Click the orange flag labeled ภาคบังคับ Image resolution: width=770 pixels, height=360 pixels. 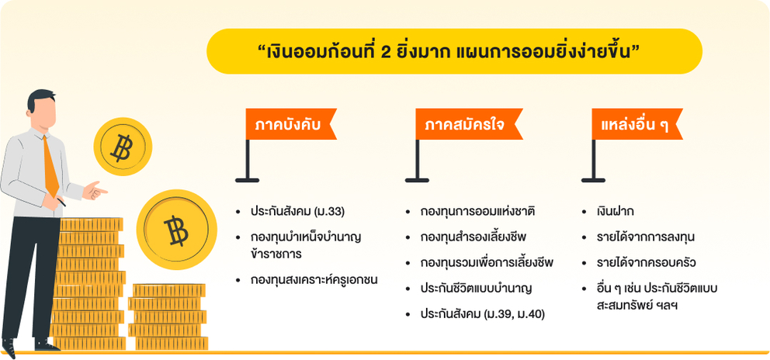tap(290, 124)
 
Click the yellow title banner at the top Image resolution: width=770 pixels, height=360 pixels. tap(454, 51)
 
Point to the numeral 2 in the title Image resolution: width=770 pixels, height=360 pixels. tap(386, 52)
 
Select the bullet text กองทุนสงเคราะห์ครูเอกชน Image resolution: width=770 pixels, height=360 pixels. tap(314, 280)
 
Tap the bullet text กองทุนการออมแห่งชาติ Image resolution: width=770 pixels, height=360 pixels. tap(477, 212)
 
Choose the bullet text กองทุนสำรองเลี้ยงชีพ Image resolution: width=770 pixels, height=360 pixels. tap(473, 237)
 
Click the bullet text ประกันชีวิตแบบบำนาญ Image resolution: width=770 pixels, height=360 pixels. tap(476, 289)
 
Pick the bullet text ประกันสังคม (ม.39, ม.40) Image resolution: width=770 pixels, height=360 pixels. tap(482, 314)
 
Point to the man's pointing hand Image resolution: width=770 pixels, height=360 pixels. tap(95, 190)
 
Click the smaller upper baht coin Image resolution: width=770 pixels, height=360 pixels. tap(123, 147)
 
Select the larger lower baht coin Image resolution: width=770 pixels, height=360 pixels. tap(176, 230)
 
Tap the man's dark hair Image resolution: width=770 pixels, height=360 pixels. tap(41, 98)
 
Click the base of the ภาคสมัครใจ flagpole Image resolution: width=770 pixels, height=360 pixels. tap(417, 180)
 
